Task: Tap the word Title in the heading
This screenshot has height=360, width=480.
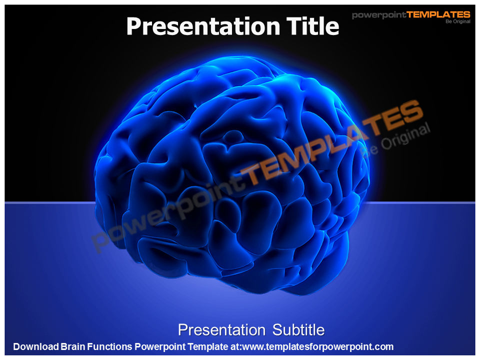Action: [311, 26]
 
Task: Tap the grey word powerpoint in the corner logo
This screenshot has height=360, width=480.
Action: [379, 15]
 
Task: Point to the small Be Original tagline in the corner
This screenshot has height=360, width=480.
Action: [458, 21]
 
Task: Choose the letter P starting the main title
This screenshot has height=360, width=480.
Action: [133, 26]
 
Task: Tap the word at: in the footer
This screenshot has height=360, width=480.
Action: [234, 346]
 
